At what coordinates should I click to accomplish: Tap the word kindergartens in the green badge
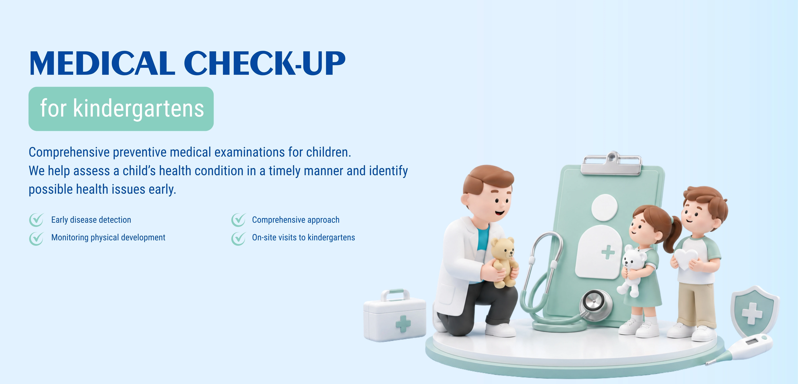(x=138, y=108)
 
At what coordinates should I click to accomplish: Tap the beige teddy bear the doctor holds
(x=503, y=262)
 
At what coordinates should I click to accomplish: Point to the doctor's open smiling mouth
(x=499, y=212)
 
